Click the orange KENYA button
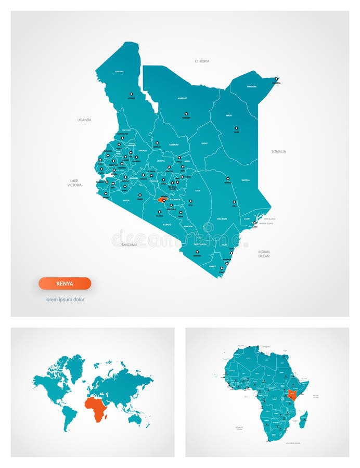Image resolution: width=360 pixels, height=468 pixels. [x=65, y=283]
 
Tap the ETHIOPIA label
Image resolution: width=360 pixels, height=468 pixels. [x=202, y=61]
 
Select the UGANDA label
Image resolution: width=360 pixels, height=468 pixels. [x=84, y=120]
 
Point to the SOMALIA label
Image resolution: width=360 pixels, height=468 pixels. [x=278, y=151]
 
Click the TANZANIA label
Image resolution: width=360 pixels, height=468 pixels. [x=129, y=244]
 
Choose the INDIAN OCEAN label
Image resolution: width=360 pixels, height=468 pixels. [x=264, y=254]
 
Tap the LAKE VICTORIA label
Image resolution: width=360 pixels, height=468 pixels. [x=74, y=183]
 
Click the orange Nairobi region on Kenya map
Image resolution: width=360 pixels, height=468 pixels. [x=161, y=199]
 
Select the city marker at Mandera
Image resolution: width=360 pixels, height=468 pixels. [x=277, y=79]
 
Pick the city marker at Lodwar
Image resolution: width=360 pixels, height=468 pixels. [x=131, y=94]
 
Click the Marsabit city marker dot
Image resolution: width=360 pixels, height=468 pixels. [x=185, y=113]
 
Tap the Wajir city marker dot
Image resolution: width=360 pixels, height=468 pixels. [x=236, y=127]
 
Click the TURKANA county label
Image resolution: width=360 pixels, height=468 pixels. [x=119, y=71]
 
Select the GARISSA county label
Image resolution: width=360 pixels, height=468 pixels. [x=246, y=180]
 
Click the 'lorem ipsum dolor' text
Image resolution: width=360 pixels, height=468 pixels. [x=65, y=300]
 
